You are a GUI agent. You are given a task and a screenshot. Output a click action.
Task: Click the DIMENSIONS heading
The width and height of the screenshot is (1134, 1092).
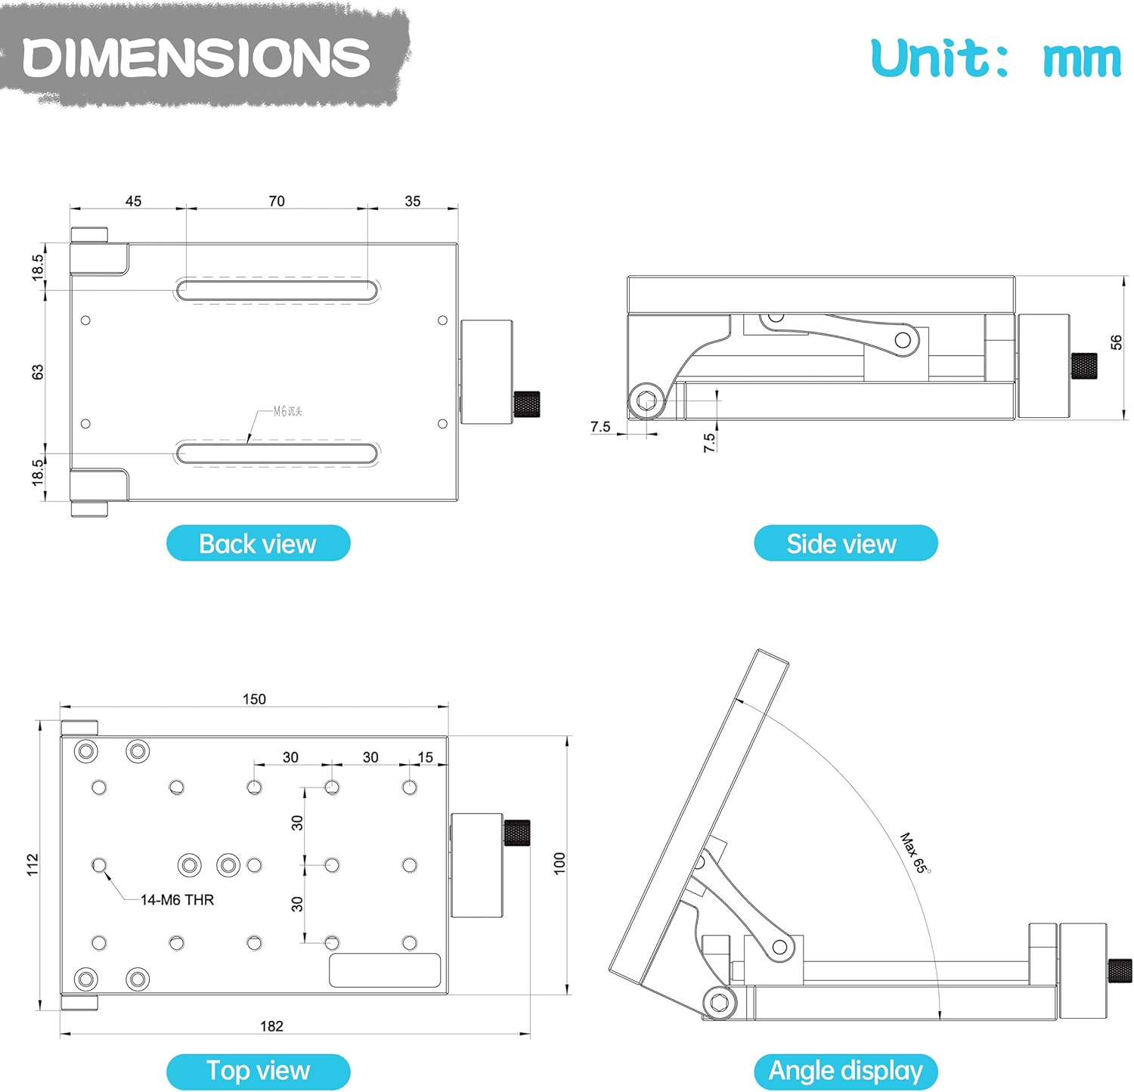[197, 57]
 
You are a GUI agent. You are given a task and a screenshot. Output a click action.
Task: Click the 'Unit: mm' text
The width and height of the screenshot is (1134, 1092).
[995, 58]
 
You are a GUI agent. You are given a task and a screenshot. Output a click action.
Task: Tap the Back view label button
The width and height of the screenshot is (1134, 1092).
[258, 543]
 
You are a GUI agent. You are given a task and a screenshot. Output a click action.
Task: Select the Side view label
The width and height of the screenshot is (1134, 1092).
[845, 543]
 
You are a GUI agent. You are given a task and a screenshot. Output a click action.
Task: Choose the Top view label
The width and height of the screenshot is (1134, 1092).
[258, 1071]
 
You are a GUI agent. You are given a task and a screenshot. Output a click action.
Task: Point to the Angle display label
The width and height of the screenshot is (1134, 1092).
[845, 1071]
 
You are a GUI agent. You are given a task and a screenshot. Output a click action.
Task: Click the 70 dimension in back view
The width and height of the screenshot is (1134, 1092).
[277, 201]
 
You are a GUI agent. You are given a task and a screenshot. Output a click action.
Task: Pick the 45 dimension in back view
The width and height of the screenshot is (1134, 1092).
[133, 201]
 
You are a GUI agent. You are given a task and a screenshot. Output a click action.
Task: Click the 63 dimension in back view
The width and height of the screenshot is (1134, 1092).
[38, 372]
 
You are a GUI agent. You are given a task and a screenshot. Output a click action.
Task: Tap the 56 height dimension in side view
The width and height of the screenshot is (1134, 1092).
[1116, 342]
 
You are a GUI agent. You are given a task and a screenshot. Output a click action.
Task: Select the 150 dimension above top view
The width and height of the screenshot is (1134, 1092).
[254, 699]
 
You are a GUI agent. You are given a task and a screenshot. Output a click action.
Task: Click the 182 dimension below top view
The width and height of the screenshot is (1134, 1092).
[271, 1025]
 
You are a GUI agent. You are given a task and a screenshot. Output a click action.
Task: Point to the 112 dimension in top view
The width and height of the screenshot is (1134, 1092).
[33, 865]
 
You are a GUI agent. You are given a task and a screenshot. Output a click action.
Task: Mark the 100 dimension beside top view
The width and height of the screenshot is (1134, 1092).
[559, 863]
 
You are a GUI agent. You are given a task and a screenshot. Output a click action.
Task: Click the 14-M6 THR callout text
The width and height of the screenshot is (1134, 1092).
[177, 900]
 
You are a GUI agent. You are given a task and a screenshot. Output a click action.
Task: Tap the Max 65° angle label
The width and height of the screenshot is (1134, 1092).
[915, 853]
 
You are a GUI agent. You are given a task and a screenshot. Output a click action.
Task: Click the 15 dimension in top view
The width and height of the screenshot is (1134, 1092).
[426, 757]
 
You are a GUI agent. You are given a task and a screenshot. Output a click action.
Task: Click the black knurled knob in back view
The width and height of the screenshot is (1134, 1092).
[527, 404]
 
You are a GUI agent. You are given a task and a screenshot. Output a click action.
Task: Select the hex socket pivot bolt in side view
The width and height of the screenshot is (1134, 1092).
[646, 401]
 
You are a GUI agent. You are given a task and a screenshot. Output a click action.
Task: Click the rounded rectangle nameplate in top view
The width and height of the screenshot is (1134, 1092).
[385, 970]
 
